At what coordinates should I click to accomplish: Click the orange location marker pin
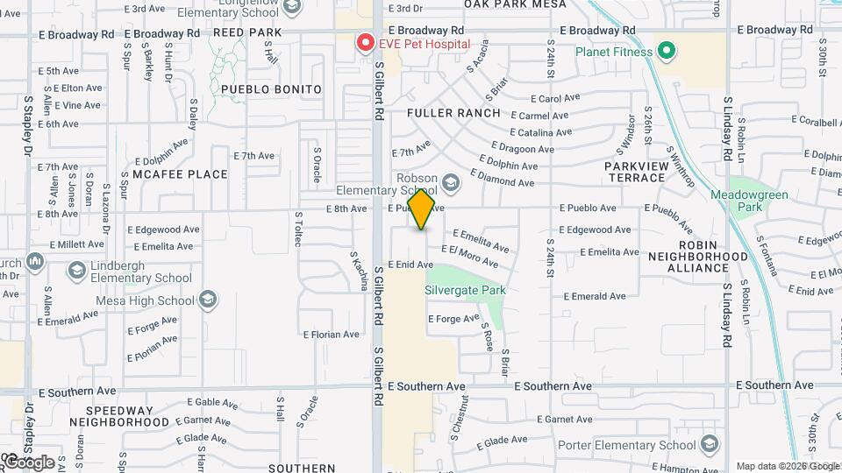click(x=422, y=209)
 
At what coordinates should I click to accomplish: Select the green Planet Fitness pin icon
click(x=666, y=51)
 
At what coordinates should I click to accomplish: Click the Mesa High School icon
click(x=208, y=300)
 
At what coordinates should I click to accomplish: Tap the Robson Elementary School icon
click(x=451, y=182)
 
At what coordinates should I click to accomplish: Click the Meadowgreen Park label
click(x=749, y=201)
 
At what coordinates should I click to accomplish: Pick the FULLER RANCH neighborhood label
click(x=453, y=113)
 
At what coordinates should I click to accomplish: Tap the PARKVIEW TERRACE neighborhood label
click(x=635, y=172)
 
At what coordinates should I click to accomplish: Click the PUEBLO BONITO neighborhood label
click(x=260, y=89)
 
